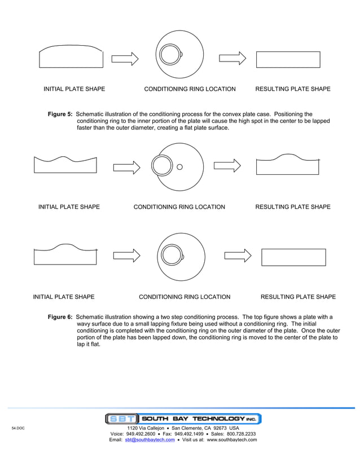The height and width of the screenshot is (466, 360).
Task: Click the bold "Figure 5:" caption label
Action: pos(60,114)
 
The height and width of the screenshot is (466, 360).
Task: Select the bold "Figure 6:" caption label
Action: pos(60,317)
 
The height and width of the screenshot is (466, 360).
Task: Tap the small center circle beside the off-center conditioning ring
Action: pos(180,166)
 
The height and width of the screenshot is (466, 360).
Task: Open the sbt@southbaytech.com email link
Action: pos(150,440)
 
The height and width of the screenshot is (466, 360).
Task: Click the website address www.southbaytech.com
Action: pos(232,440)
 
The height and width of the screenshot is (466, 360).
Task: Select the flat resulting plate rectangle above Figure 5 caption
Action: pos(288,59)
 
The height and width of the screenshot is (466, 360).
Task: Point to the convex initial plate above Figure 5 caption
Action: pos(71,57)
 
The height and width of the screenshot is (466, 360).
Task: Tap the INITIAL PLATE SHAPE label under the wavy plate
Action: pos(69,207)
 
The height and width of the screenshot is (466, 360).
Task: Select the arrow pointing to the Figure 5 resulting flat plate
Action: pos(232,58)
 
